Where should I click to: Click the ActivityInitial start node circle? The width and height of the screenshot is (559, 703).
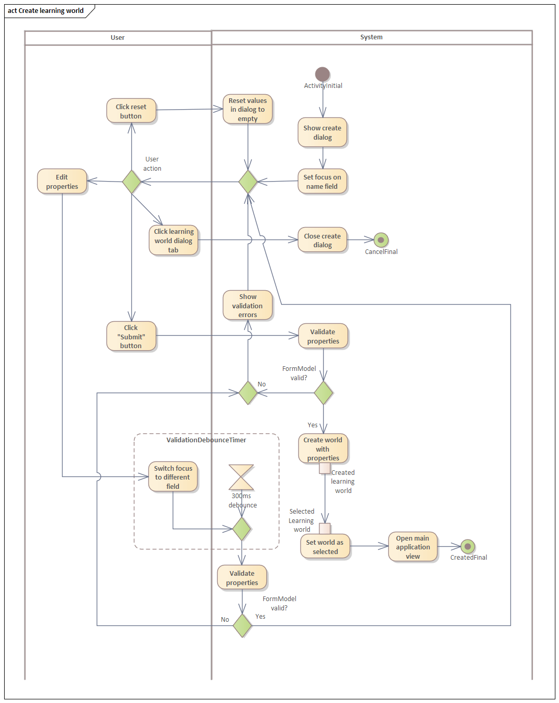[x=322, y=74]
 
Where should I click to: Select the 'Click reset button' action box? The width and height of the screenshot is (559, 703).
[x=131, y=111]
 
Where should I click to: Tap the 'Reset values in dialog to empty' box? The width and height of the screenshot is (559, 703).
[x=248, y=109]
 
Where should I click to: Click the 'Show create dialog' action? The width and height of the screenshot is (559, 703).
[x=322, y=132]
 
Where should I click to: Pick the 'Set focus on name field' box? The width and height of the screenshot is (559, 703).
[x=322, y=182]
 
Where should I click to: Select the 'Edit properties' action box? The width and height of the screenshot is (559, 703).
[x=62, y=182]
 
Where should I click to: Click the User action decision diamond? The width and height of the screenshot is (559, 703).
[x=131, y=182]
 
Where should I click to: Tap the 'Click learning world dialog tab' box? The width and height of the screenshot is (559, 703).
[x=173, y=241]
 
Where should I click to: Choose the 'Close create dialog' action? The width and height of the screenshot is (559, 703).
[x=322, y=240]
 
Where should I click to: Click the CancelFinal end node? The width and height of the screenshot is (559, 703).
[x=381, y=240]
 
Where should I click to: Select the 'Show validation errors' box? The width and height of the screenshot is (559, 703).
[x=248, y=305]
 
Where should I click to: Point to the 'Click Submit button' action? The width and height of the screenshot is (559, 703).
[x=131, y=336]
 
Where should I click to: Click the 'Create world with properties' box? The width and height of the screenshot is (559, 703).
[x=323, y=448]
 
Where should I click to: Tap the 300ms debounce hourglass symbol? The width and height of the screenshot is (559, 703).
[x=241, y=477]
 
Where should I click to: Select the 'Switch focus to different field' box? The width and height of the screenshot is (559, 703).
[x=173, y=477]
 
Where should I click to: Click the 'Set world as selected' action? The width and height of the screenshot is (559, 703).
[x=325, y=547]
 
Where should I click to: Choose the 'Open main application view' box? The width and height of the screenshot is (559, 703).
[x=413, y=547]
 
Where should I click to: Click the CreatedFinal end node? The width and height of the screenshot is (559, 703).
[x=467, y=547]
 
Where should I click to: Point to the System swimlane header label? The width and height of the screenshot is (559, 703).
[x=371, y=37]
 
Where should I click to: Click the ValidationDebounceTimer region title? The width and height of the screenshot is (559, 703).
[x=206, y=440]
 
